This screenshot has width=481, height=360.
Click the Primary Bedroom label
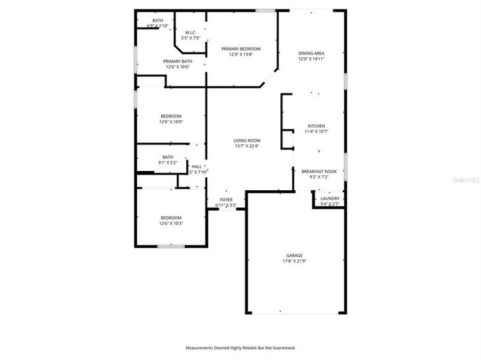coord(241,49)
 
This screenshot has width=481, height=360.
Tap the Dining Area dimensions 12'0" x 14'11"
coord(311,59)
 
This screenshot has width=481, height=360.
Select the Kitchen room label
coord(316,126)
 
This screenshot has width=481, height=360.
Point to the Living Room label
coord(247,140)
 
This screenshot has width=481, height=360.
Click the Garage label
coord(294,256)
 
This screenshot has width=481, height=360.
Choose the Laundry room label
coord(330,198)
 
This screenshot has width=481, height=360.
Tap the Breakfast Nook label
coord(319,172)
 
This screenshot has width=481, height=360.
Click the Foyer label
coord(226,200)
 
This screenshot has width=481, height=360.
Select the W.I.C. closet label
coord(191,33)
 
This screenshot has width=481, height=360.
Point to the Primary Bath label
coord(177,61)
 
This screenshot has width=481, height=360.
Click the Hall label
coord(196,166)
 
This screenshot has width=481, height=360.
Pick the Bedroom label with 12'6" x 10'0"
coord(171,117)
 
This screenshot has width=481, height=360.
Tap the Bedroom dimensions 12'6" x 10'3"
coord(171,224)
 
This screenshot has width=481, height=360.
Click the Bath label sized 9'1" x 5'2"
coord(168,157)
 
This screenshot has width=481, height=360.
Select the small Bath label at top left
coord(158,20)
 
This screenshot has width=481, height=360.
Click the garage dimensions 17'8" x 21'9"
coord(294,262)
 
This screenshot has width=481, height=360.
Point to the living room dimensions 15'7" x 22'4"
coord(247,146)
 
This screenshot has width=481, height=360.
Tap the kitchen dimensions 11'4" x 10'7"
coord(316,132)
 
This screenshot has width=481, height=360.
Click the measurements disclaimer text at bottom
coord(240,348)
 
